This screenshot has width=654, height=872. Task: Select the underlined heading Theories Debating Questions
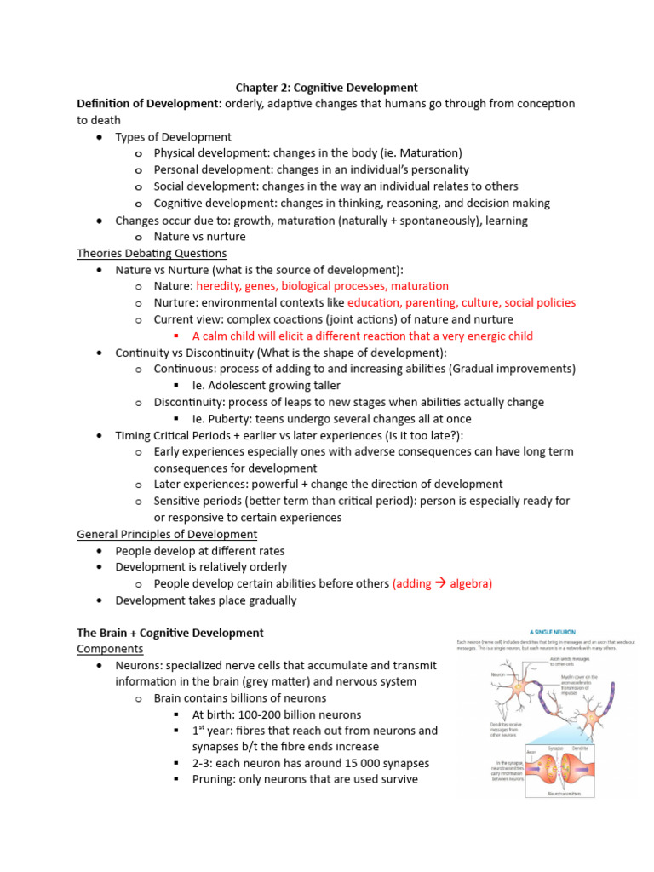(x=152, y=253)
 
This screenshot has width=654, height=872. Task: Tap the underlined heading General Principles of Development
(x=167, y=534)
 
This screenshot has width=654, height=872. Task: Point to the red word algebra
(x=470, y=583)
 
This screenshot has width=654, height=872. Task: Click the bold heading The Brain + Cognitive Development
(x=170, y=633)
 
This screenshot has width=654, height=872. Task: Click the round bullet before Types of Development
(x=100, y=137)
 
